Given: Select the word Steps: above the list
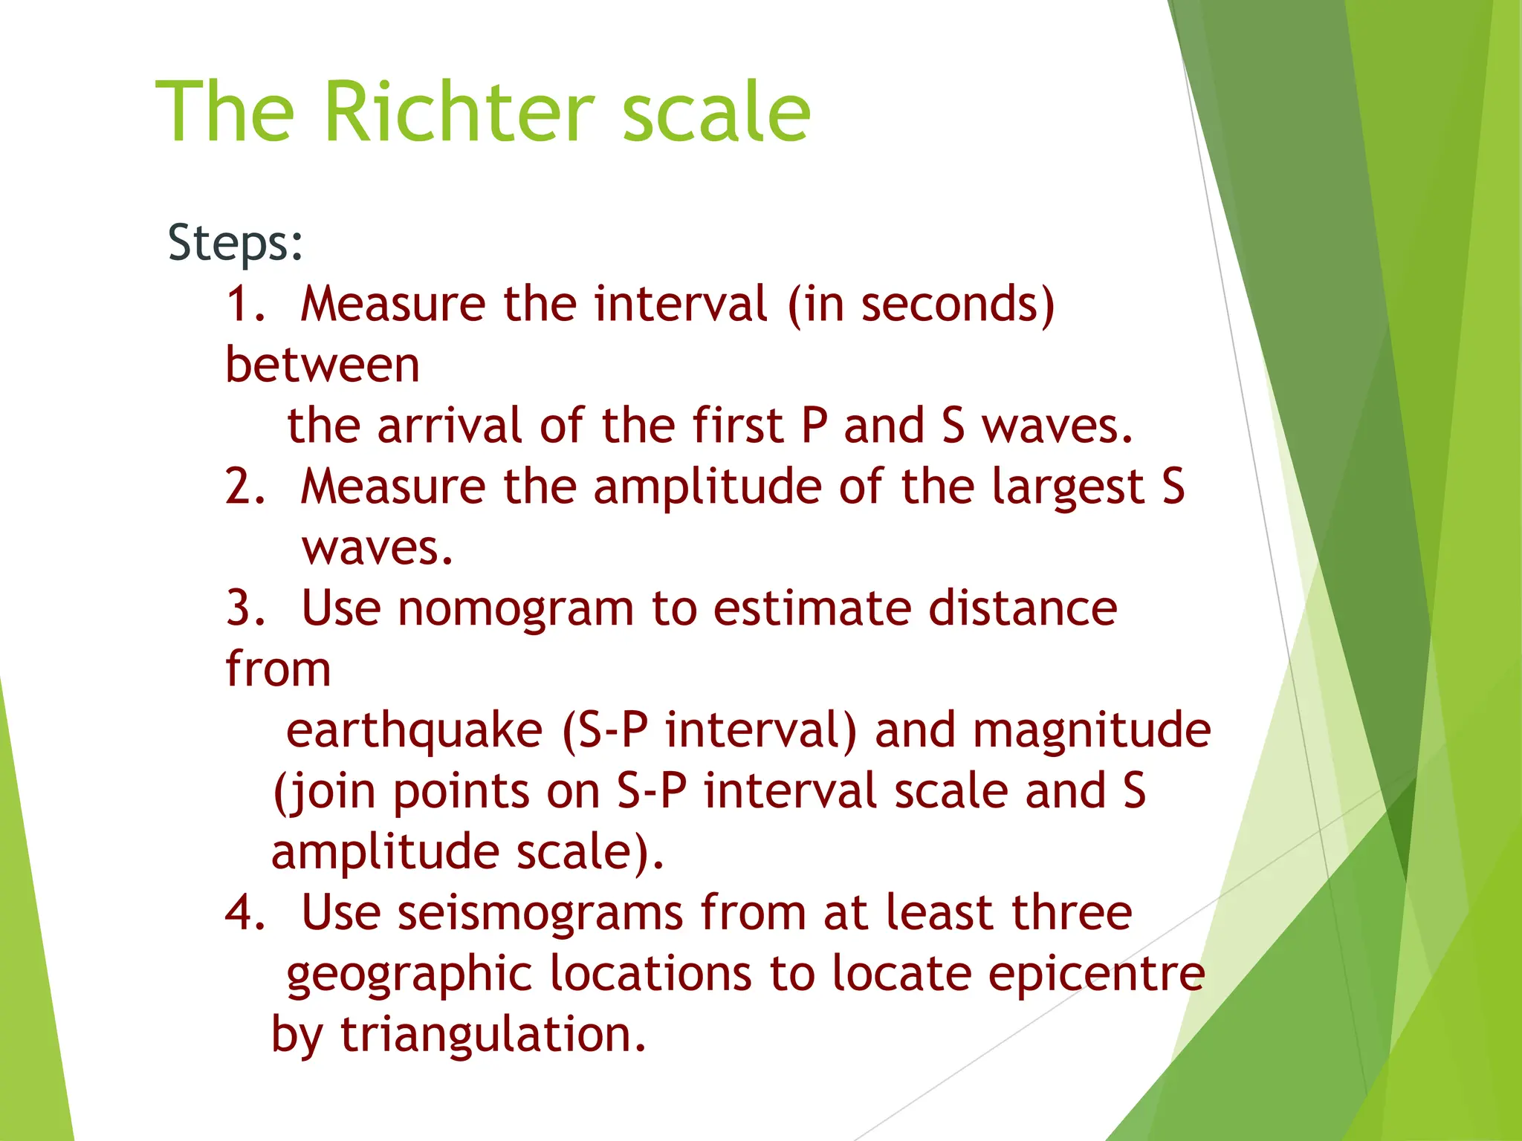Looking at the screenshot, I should tap(236, 243).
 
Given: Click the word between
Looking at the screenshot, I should tap(323, 365).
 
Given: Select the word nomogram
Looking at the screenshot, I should tap(516, 608).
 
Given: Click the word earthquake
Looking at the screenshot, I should tap(414, 730).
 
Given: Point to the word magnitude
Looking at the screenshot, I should tap(1092, 730).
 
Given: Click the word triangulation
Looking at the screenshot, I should tap(493, 1035).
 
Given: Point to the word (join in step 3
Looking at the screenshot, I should tap(325, 791).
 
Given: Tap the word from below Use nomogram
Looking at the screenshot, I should tap(278, 669).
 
